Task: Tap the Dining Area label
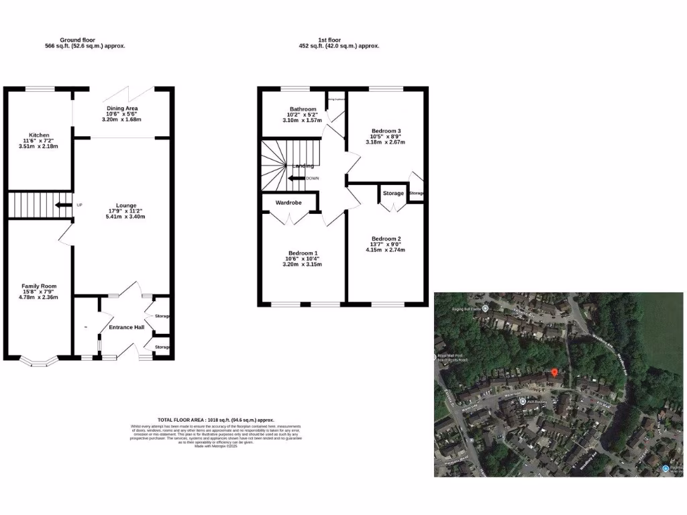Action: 122,108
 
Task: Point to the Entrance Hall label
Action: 126,327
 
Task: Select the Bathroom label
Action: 303,109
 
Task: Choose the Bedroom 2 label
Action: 386,239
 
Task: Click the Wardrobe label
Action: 288,203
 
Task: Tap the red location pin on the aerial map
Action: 554,372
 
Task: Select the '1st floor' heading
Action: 338,40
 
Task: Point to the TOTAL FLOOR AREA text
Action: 215,418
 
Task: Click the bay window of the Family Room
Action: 39,362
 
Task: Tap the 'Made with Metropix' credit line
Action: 215,446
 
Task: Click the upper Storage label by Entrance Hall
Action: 162,316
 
